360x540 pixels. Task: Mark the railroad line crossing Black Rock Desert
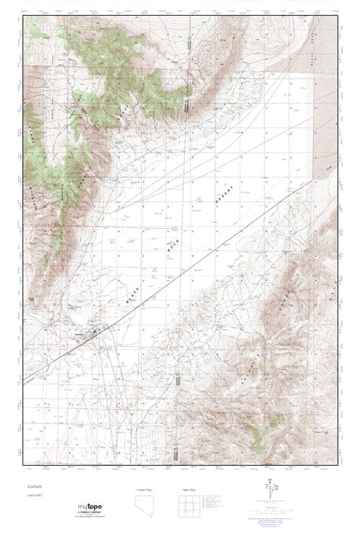(x=216, y=252)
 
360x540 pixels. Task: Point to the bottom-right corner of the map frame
(x=337, y=464)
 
